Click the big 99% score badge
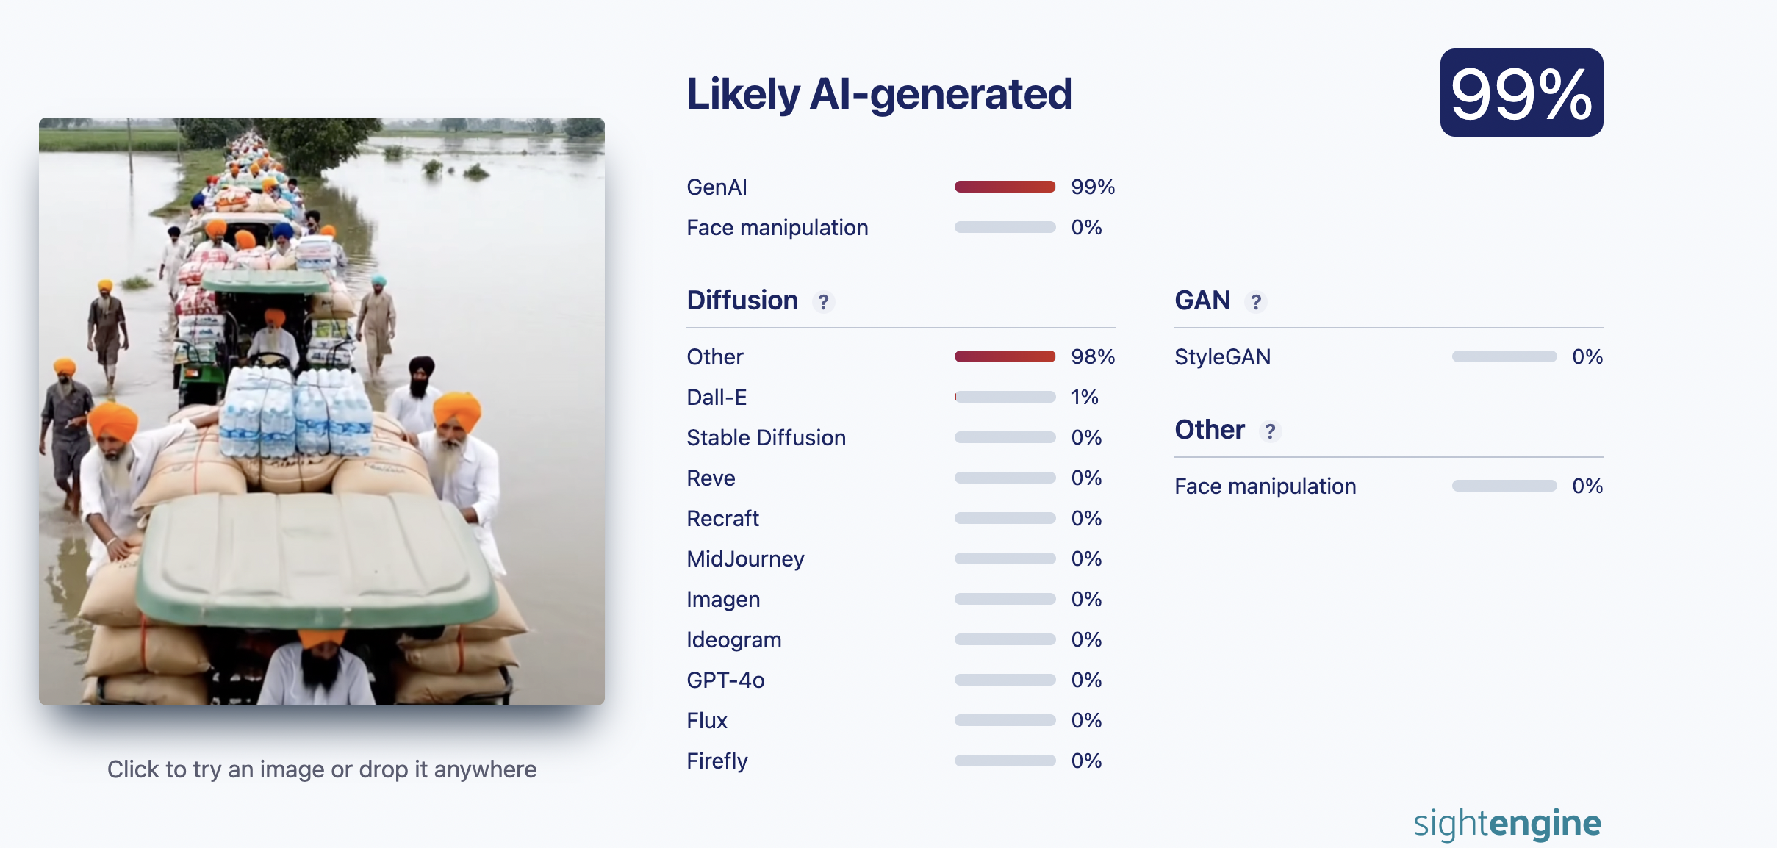(1521, 93)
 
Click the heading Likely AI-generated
(879, 94)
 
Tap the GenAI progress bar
(1005, 187)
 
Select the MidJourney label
(745, 559)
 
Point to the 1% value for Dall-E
(1085, 398)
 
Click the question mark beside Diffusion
(823, 302)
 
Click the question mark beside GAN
(1256, 302)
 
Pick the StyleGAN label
(1222, 357)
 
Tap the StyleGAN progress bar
(1504, 356)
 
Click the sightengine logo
(1507, 824)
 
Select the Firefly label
(717, 761)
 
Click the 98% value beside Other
(1093, 357)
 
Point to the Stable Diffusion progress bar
(1005, 437)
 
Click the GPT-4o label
(725, 680)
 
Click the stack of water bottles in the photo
(295, 412)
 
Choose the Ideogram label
(733, 640)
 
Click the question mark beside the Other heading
(1270, 431)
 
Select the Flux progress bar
(1005, 720)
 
